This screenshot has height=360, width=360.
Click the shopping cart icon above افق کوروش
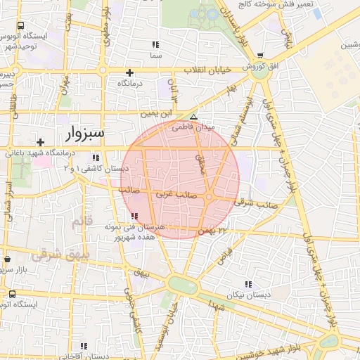click(x=260, y=56)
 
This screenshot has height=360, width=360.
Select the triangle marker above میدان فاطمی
click(x=194, y=117)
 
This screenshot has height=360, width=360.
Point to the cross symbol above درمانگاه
click(x=129, y=72)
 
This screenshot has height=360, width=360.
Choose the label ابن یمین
click(x=156, y=112)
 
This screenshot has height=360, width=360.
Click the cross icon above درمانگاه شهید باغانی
click(x=41, y=142)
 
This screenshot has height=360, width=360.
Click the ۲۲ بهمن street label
click(x=214, y=230)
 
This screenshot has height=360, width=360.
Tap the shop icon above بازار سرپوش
click(x=6, y=259)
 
